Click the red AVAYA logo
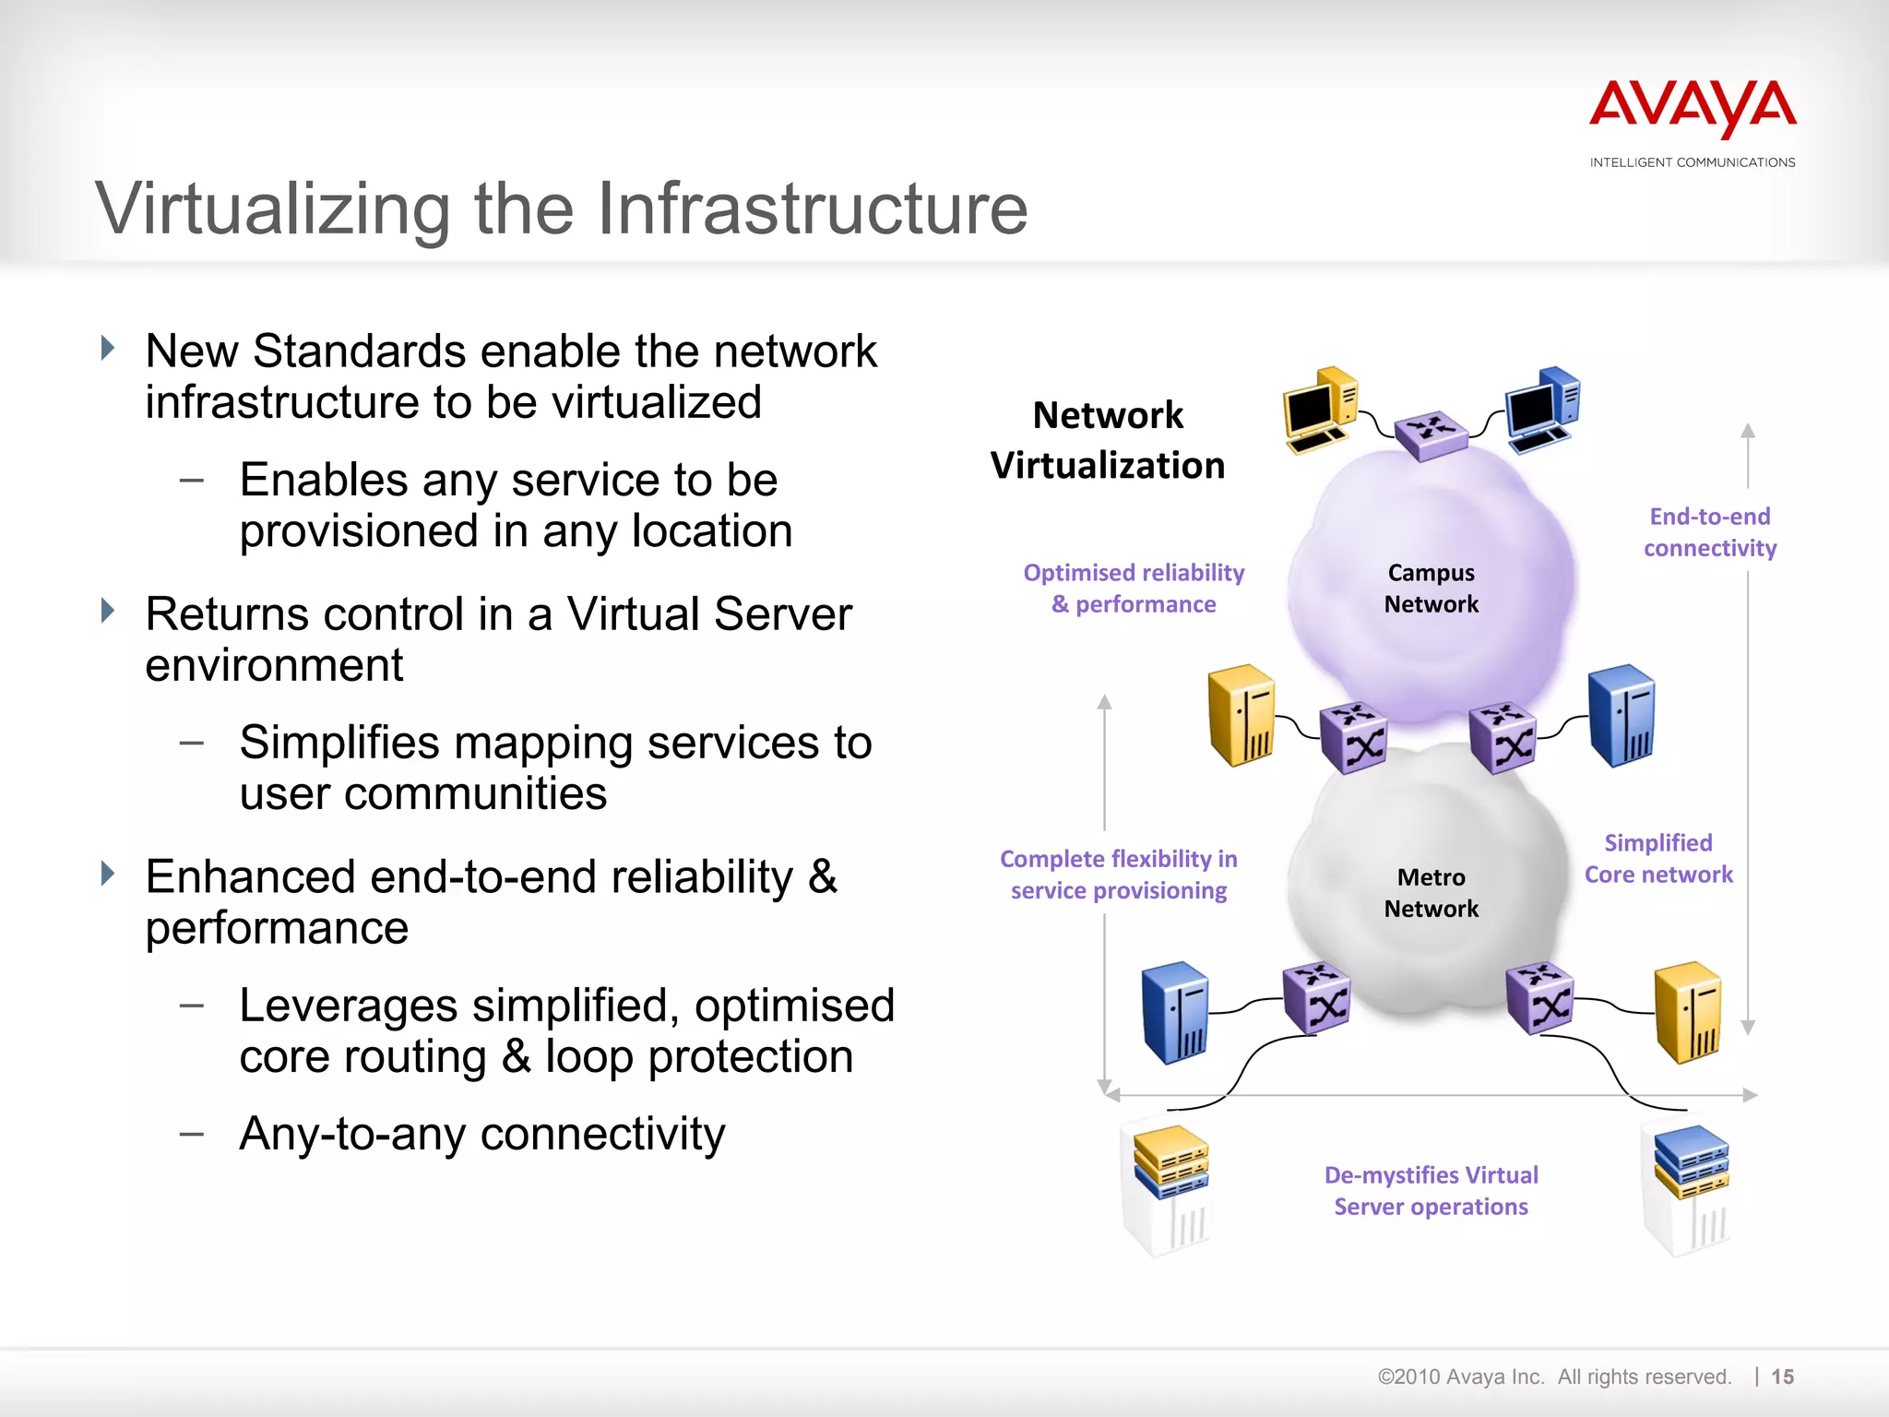tap(1693, 108)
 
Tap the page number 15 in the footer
tap(1782, 1376)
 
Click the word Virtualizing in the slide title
tap(273, 209)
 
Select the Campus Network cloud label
tap(1431, 589)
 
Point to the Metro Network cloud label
tap(1431, 893)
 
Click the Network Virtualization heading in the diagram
tap(1108, 440)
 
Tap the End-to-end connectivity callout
tap(1709, 532)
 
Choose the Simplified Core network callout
tap(1658, 859)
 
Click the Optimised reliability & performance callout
tap(1134, 589)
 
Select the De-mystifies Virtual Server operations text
tap(1431, 1191)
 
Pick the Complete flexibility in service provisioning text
tap(1118, 875)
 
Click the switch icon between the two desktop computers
tap(1431, 434)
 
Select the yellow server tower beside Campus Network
tap(1242, 715)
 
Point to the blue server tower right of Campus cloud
tap(1622, 715)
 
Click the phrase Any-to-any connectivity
tap(482, 1134)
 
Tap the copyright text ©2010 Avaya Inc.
tap(1460, 1376)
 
